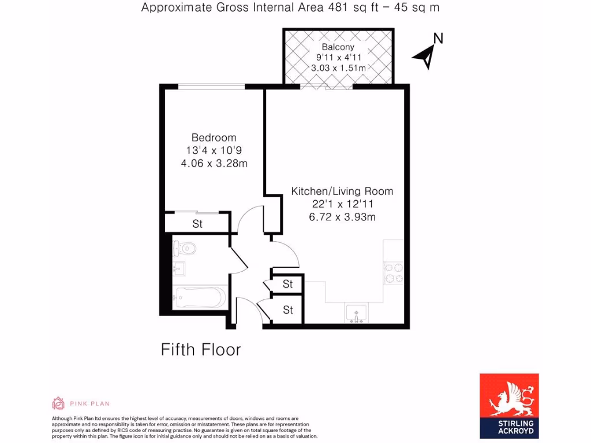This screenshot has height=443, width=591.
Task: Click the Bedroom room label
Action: click(x=214, y=137)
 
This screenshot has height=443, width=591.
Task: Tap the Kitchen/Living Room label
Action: click(x=342, y=191)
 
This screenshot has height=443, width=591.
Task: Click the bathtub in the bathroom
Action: click(x=200, y=298)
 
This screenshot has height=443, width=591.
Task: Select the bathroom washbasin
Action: click(x=178, y=269)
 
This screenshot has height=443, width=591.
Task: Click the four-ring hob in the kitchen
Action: click(x=393, y=273)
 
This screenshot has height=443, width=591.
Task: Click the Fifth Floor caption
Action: click(x=200, y=350)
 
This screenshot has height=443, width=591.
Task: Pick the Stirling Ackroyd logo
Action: click(x=509, y=405)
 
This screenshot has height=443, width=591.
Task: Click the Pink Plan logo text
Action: click(x=90, y=403)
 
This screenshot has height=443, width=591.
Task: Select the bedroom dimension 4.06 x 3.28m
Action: click(x=214, y=163)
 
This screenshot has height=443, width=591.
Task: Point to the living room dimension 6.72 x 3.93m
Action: click(x=342, y=217)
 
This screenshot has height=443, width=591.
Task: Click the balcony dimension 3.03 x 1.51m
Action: click(x=338, y=68)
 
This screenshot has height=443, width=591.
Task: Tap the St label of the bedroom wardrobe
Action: click(x=197, y=224)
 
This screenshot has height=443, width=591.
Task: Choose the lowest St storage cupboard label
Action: click(x=288, y=310)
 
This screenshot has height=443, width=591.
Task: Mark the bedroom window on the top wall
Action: click(x=211, y=87)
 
